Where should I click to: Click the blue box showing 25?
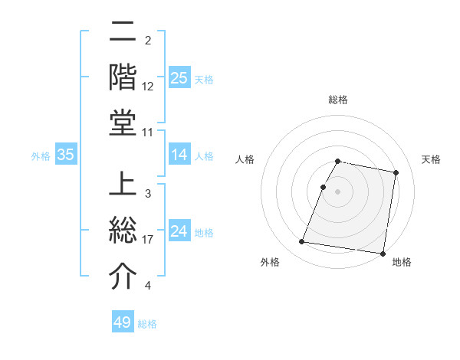[x=179, y=77]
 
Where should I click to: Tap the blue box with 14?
[x=179, y=155]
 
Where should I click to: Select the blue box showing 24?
[x=179, y=231]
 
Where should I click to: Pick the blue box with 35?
[x=66, y=155]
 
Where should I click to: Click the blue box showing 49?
[x=123, y=322]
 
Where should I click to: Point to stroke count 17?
[x=149, y=240]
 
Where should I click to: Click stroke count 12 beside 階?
[x=148, y=86]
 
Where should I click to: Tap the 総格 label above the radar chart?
[x=338, y=100]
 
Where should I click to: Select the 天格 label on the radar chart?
[x=431, y=160]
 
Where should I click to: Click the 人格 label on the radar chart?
[x=245, y=160]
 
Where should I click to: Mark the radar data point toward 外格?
[x=301, y=242]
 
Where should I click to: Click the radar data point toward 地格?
[x=383, y=253]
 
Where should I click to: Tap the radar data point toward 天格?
[x=396, y=173]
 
